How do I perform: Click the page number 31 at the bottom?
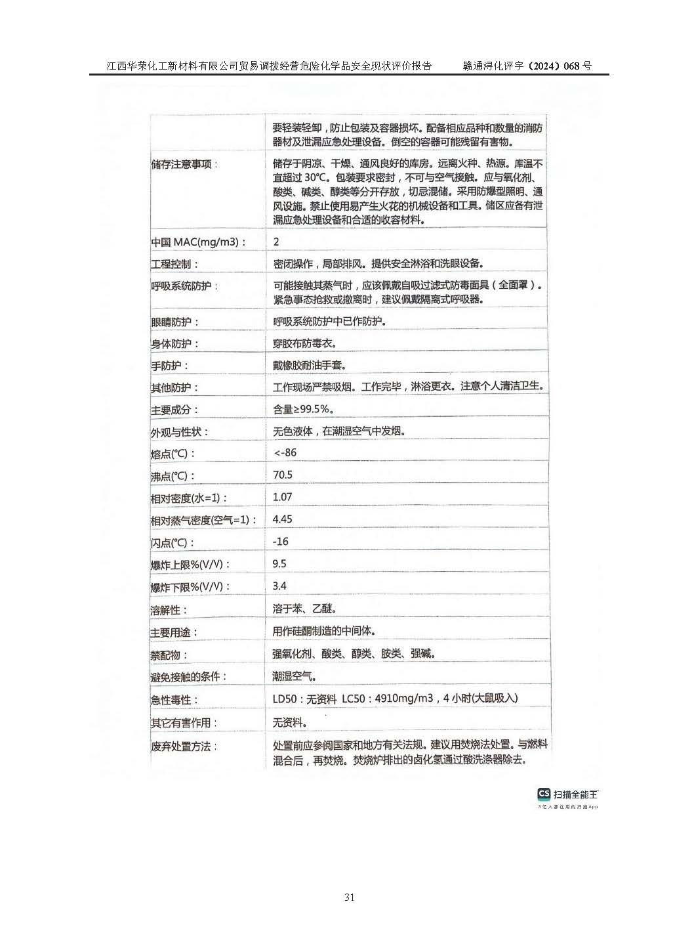coord(349,897)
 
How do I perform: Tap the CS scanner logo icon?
coord(543,794)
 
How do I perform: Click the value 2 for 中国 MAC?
coord(276,242)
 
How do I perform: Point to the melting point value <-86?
coord(285,452)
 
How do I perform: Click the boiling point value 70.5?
coord(283,475)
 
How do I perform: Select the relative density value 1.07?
coord(282,497)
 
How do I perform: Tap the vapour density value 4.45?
coord(283,519)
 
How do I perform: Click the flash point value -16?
coord(281,541)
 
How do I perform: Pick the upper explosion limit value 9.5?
coord(279,563)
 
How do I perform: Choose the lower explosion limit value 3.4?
coord(279,586)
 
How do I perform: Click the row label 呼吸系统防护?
coord(185,286)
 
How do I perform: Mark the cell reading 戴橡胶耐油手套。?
coord(310,365)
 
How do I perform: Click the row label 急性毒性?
coord(174,700)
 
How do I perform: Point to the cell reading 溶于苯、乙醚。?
coord(304,609)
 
